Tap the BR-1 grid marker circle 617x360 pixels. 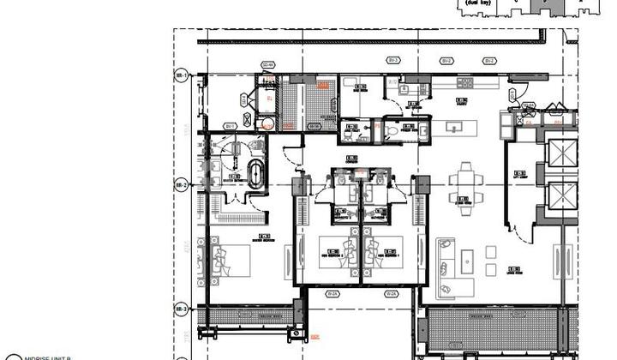[181, 76]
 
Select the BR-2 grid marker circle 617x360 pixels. [181, 184]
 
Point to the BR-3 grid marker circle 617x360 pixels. [181, 308]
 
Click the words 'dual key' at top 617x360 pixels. [476, 3]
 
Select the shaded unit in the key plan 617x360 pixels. [546, 5]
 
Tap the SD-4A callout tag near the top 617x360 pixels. [267, 64]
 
